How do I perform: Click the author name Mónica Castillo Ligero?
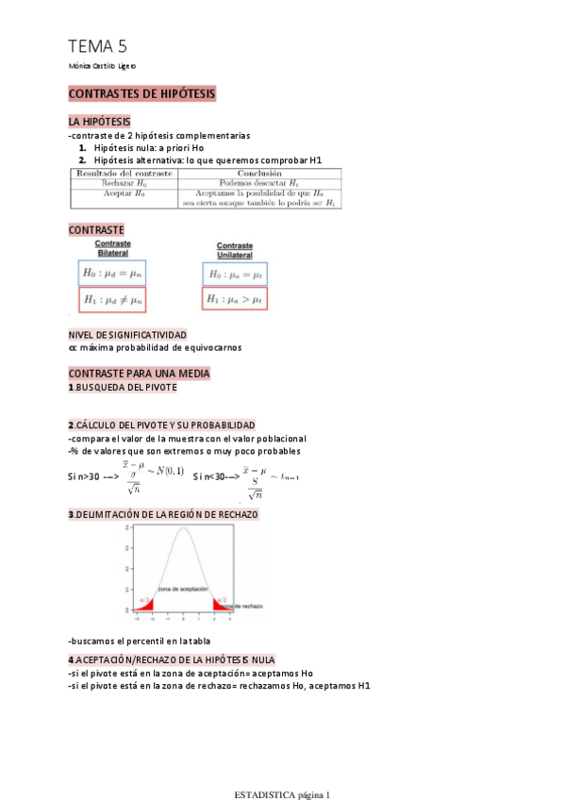point(103,66)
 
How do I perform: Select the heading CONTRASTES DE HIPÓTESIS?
point(142,94)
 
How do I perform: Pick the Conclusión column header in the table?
point(260,174)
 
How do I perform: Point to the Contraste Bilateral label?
point(113,247)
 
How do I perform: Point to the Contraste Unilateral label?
point(235,250)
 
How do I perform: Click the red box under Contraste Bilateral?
point(113,300)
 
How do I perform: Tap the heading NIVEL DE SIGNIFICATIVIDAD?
point(127,335)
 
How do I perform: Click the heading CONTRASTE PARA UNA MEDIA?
point(139,374)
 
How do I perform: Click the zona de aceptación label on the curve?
point(182,589)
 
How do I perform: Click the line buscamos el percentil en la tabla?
point(140,642)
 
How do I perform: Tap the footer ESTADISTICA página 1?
point(282,793)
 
